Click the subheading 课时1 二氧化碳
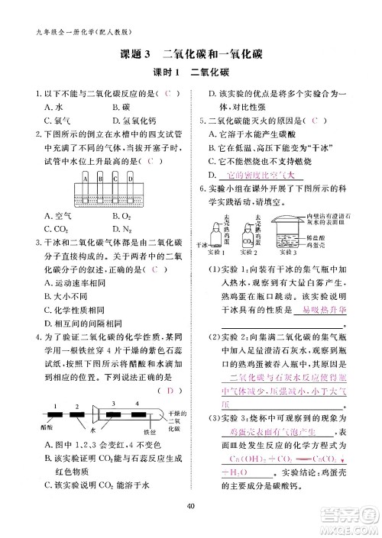tap(191, 73)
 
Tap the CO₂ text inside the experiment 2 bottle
tap(251, 238)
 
